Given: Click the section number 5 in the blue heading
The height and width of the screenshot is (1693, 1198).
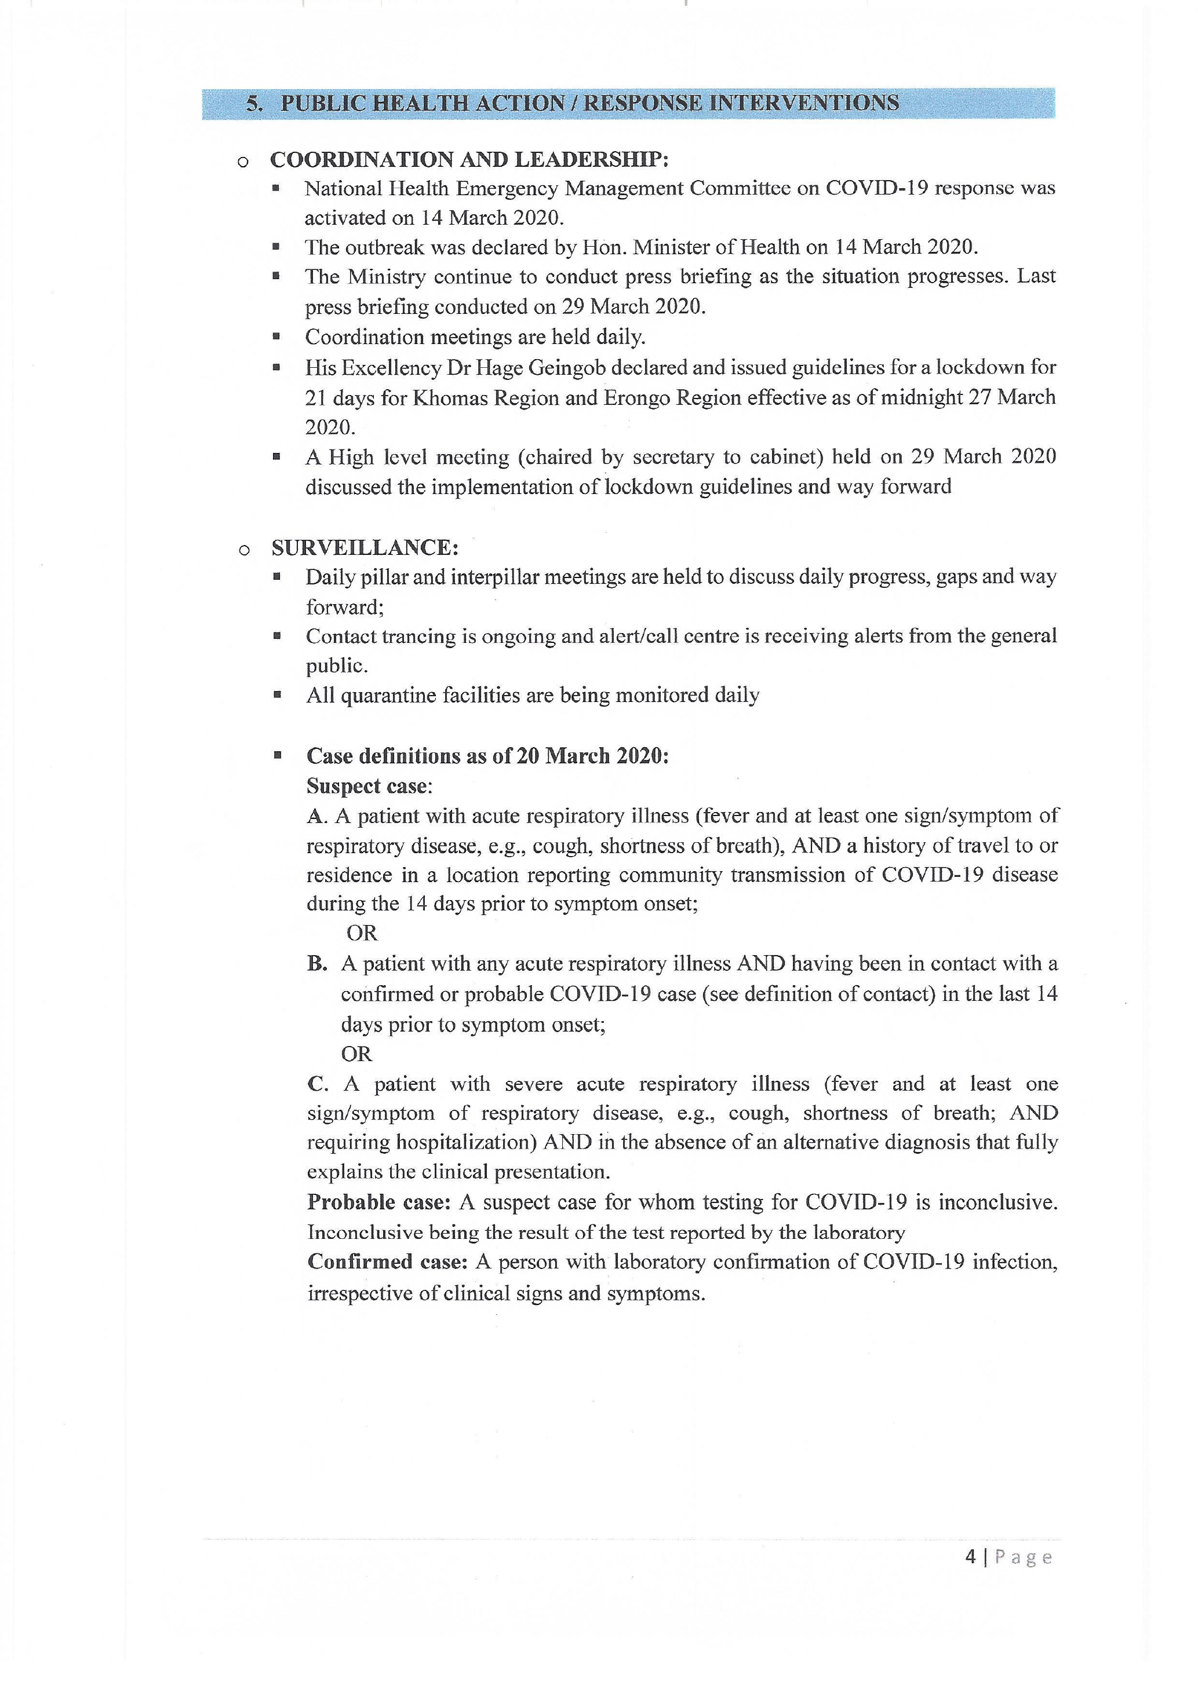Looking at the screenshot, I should tap(253, 103).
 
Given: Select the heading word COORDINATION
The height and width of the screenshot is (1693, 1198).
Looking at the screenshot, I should tap(362, 159).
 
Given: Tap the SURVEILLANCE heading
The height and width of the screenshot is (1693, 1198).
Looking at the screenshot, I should tap(365, 548).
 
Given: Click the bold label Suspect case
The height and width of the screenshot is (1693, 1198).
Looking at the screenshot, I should tap(367, 786).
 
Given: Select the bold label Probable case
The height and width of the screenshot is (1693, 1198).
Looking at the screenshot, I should tap(378, 1202).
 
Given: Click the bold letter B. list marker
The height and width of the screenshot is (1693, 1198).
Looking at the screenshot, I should tap(317, 964).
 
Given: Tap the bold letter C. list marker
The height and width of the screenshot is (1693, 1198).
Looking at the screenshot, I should tap(317, 1084).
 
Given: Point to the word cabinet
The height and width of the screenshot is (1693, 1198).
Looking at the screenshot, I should tap(786, 457).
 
